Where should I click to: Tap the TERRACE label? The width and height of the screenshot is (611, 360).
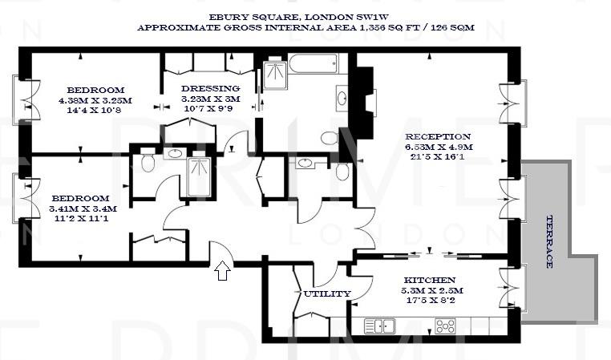[550, 241]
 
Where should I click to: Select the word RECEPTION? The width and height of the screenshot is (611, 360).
[438, 136]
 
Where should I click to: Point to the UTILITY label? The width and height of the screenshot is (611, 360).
[326, 293]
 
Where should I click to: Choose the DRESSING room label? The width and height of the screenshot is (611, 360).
[210, 88]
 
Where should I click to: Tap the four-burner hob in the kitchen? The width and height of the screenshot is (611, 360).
[445, 326]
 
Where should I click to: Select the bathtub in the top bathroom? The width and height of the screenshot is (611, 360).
[314, 64]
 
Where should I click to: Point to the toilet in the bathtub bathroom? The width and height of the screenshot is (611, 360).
[330, 138]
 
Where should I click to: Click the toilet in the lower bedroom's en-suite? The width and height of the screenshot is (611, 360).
[147, 164]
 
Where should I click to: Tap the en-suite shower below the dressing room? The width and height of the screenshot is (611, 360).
[197, 176]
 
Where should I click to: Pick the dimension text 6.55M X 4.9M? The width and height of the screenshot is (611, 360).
[439, 148]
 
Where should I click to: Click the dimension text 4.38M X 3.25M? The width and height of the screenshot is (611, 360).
[95, 100]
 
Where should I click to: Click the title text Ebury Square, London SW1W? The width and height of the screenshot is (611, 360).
[305, 15]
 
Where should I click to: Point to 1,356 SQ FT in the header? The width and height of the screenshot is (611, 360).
[371, 26]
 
